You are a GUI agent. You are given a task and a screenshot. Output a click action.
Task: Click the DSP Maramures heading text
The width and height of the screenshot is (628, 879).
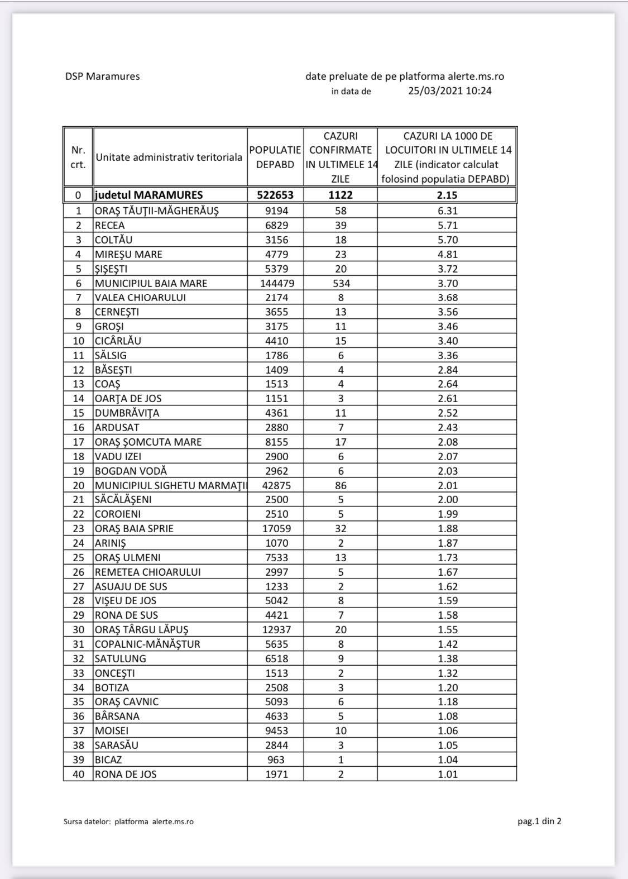(102, 77)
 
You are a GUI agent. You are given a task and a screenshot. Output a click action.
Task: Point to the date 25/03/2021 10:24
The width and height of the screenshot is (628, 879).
(449, 91)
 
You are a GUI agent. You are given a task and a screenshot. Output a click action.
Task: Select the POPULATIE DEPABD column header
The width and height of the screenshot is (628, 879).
(275, 157)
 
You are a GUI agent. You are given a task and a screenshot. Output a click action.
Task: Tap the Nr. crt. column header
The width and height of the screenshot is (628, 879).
(78, 157)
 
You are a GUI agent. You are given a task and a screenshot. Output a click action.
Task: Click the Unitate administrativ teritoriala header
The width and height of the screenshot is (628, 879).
(169, 157)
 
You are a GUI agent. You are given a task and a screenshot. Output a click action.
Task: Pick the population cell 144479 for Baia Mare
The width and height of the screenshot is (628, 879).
(275, 283)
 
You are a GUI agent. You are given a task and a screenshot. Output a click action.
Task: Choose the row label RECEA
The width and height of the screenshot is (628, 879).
(110, 226)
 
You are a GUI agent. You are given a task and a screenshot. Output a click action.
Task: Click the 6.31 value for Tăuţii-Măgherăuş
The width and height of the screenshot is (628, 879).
(447, 211)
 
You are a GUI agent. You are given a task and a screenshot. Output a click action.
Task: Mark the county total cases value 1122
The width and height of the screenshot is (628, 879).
(341, 195)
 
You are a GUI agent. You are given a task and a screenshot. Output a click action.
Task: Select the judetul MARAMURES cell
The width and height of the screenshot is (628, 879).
(149, 195)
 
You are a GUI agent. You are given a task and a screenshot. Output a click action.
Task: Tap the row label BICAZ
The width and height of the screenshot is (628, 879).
(108, 759)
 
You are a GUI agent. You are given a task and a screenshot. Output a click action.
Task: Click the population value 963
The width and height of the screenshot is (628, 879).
(275, 759)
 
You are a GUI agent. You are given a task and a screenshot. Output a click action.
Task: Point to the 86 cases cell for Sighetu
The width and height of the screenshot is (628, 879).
(341, 485)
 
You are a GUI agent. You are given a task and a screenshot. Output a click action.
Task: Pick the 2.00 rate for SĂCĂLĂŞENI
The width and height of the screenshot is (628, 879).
(447, 500)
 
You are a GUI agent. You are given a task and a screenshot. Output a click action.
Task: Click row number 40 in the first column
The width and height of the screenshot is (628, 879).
(78, 774)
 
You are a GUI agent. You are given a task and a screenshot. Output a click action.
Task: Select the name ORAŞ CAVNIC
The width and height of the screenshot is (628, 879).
(127, 702)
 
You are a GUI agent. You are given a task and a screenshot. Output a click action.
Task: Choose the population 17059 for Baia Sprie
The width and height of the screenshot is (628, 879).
(275, 529)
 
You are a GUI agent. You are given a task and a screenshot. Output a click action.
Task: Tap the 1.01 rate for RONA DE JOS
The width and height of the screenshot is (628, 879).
(447, 774)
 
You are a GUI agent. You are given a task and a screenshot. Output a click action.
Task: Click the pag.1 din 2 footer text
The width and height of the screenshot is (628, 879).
(539, 821)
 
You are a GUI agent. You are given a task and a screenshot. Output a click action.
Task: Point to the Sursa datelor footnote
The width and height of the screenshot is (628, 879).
(128, 821)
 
